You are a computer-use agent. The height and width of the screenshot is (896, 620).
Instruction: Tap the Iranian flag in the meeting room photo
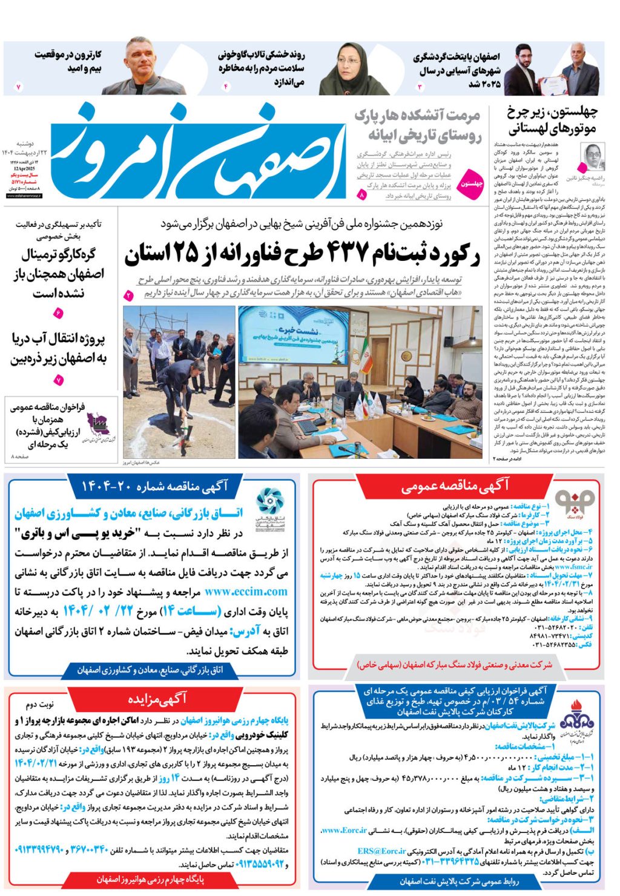[366, 357]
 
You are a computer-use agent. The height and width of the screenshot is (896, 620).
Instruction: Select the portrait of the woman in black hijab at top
[346, 68]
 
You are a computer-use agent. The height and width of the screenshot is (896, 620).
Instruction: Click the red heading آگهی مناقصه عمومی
[455, 486]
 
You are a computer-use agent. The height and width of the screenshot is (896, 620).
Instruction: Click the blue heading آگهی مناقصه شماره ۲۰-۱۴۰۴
[154, 486]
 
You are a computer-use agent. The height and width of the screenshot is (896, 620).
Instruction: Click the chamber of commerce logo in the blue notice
[269, 507]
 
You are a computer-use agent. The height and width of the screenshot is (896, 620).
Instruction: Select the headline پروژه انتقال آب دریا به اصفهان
[59, 349]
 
